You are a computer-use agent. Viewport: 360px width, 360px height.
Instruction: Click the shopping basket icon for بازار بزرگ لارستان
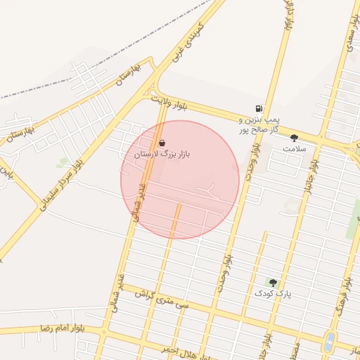point(162,142)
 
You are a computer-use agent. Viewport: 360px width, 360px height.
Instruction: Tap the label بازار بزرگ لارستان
point(162,153)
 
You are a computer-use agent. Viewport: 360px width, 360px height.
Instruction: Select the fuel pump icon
point(259,109)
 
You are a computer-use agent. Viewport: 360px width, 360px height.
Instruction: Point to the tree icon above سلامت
point(294,138)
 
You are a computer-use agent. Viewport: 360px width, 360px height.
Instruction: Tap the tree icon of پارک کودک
point(273,282)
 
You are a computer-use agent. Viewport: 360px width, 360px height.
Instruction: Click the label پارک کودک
point(273,292)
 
